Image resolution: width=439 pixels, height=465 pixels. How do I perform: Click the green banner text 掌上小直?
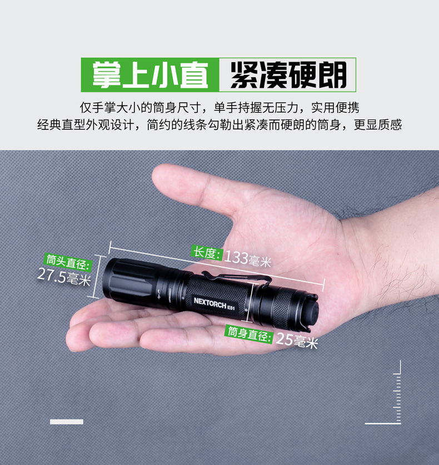[x=151, y=75]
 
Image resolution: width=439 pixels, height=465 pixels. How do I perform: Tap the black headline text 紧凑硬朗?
[x=288, y=75]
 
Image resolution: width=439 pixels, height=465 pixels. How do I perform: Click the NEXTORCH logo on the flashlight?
[x=210, y=303]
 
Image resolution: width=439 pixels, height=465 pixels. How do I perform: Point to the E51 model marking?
[x=231, y=307]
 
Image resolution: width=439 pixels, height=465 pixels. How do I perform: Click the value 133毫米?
[x=248, y=258]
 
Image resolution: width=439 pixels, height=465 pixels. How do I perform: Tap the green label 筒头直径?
[x=68, y=262]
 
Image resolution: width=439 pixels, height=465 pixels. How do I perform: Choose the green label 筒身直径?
[x=249, y=334]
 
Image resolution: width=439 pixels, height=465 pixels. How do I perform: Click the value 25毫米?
[x=297, y=340]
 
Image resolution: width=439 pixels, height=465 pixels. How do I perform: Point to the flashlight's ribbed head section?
[x=131, y=280]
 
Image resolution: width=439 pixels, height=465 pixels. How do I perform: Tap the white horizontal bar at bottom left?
[x=67, y=422]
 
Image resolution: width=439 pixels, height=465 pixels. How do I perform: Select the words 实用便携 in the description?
[x=335, y=107]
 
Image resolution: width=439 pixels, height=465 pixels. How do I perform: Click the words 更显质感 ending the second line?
[x=378, y=124]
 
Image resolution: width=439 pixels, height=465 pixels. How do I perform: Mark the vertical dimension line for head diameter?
[x=97, y=277]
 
